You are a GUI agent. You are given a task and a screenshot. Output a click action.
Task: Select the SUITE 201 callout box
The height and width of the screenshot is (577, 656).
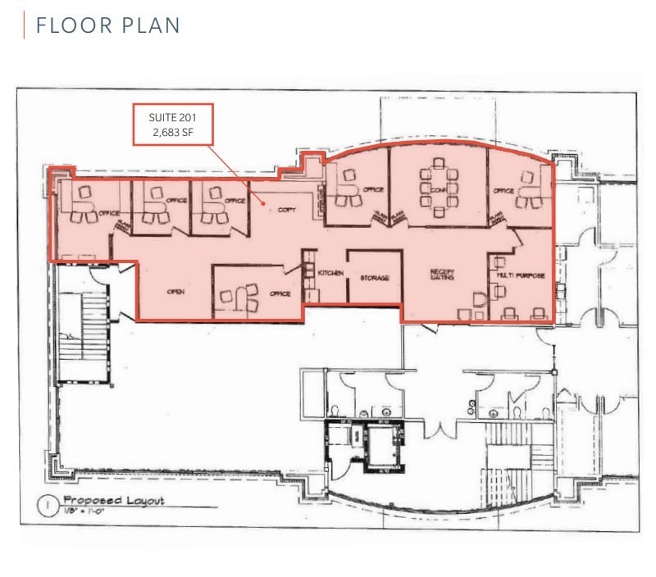pyautogui.click(x=173, y=124)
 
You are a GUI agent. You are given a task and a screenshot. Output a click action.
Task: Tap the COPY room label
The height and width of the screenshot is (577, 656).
pyautogui.click(x=286, y=210)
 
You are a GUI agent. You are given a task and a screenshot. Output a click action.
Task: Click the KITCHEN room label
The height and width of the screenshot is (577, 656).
pyautogui.click(x=330, y=273)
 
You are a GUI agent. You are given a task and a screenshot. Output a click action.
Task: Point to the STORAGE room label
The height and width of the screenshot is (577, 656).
pyautogui.click(x=373, y=278)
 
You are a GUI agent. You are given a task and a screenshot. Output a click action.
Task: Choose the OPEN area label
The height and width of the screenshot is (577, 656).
pyautogui.click(x=175, y=291)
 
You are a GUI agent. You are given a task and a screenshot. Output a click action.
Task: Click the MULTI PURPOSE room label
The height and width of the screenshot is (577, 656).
pyautogui.click(x=521, y=275)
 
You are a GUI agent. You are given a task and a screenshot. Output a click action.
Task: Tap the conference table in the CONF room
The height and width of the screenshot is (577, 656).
pyautogui.click(x=437, y=187)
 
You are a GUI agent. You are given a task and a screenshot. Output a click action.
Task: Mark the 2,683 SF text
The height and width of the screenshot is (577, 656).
pyautogui.click(x=173, y=132)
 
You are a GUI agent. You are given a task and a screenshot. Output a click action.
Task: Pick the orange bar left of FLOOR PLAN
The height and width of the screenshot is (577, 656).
pyautogui.click(x=25, y=25)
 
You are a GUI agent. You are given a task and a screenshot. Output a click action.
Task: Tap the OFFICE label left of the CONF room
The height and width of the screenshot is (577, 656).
pyautogui.click(x=373, y=190)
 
